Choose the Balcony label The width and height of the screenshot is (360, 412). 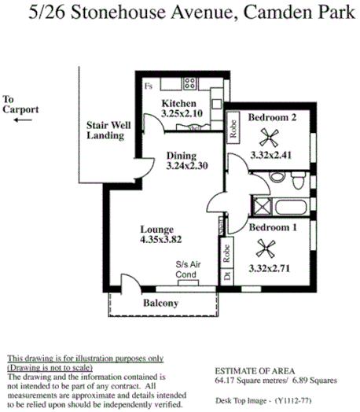(x=161, y=303)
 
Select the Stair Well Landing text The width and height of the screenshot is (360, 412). (x=105, y=131)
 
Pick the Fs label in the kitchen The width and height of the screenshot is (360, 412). (x=148, y=84)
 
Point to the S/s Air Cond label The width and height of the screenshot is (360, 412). (x=188, y=270)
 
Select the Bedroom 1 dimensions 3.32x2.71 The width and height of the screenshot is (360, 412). (x=270, y=269)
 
